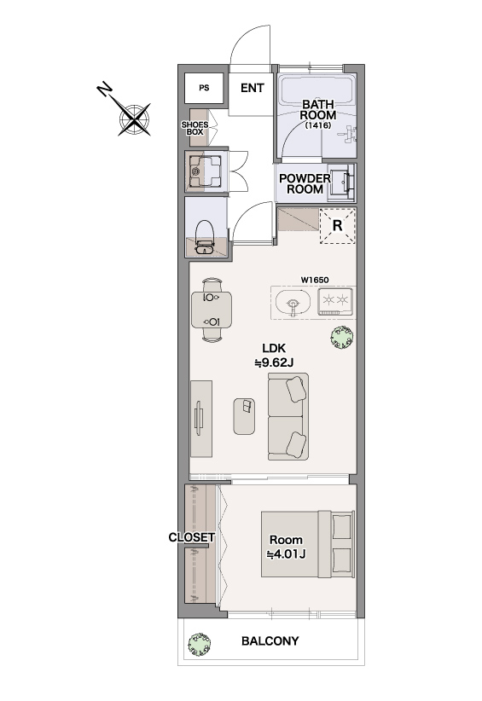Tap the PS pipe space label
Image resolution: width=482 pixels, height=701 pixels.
204,88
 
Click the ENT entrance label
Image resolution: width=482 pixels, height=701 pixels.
253,88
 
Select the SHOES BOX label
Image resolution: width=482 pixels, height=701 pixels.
195,128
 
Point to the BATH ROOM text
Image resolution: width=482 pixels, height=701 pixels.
318,109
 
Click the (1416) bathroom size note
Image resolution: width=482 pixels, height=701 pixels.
318,125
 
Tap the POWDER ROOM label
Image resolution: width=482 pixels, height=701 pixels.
305,183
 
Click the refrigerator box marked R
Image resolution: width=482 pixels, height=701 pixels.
338,226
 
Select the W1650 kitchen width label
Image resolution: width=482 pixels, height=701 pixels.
315,280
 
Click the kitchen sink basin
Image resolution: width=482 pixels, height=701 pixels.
293,302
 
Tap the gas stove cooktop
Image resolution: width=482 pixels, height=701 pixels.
335,300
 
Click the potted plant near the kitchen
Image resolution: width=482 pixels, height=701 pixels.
342,337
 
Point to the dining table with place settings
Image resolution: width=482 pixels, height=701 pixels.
212,310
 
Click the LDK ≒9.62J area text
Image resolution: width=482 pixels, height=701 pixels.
274,355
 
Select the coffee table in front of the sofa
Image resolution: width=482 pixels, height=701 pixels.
244,416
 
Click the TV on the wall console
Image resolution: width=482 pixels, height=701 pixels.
199,418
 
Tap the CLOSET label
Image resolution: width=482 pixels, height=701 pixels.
192,537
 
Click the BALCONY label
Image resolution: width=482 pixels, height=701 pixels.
270,641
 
